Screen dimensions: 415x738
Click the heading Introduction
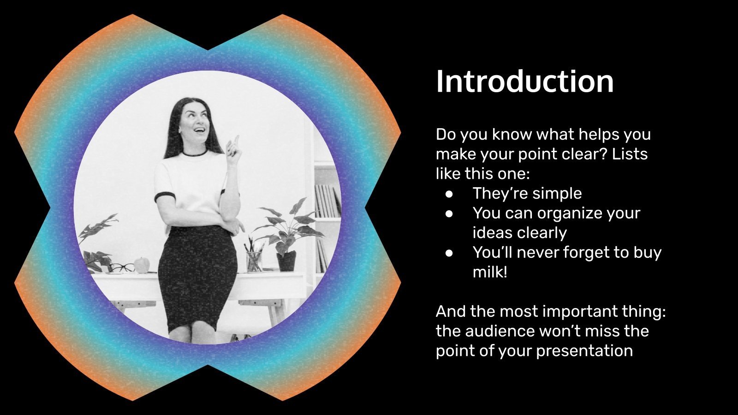(524, 82)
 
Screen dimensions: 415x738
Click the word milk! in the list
(490, 272)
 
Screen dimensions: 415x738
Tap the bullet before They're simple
(450, 194)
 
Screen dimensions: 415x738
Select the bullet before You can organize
(450, 213)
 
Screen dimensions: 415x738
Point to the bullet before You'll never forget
(450, 253)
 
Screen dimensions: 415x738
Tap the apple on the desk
(142, 265)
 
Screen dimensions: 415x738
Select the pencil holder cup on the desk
(254, 261)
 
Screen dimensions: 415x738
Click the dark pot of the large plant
(286, 261)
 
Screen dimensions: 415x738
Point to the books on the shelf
(328, 201)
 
